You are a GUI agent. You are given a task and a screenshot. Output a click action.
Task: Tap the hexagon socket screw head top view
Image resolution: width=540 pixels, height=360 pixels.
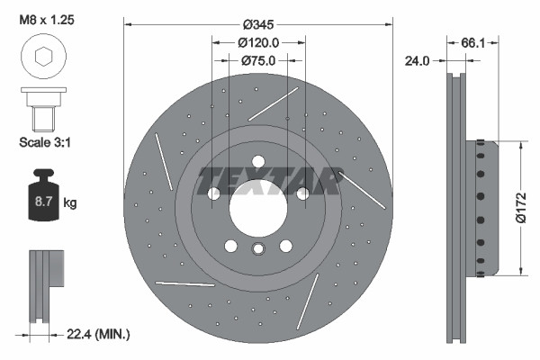pyautogui.click(x=41, y=58)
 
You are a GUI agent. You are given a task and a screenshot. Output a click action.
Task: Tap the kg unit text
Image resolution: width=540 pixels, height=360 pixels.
pyautogui.click(x=70, y=203)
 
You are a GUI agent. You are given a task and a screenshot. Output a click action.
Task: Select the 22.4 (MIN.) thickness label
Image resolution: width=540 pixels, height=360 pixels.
pyautogui.click(x=99, y=335)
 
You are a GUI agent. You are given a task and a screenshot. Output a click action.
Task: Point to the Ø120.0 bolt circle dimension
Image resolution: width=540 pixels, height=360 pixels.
pyautogui.click(x=259, y=41)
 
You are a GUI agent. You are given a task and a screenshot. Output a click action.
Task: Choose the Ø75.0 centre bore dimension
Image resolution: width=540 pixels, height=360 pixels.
pyautogui.click(x=259, y=60)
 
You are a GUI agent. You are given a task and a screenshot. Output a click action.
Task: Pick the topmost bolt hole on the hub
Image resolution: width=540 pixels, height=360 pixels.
pyautogui.click(x=258, y=162)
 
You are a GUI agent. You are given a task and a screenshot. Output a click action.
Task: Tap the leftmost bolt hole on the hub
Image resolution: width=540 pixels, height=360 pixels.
pyautogui.click(x=213, y=193)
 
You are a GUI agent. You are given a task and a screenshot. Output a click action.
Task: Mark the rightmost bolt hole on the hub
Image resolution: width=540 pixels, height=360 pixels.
pyautogui.click(x=303, y=193)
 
